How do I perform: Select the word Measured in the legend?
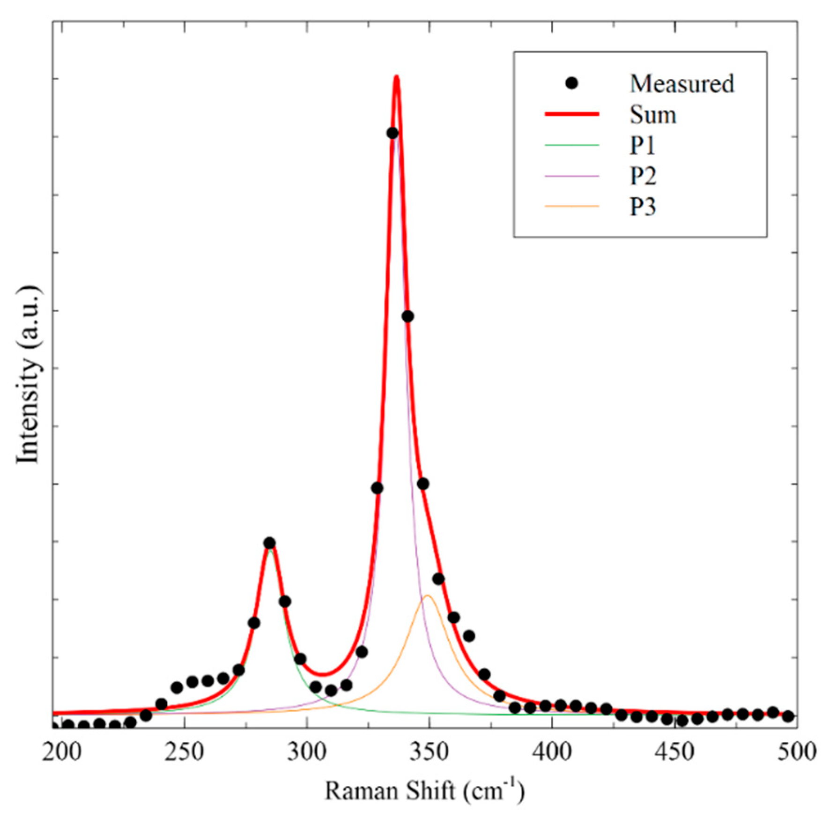coord(681,84)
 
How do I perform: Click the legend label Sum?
coord(653,115)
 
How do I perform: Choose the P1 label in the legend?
coord(643,146)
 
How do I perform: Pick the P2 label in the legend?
coord(643,176)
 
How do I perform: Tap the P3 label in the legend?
coord(643,207)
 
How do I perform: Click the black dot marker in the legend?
coord(572,83)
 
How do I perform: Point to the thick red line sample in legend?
coord(572,114)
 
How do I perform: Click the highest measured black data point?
coord(392,133)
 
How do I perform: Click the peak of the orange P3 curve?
coord(427,596)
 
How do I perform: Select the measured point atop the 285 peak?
coord(269,543)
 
